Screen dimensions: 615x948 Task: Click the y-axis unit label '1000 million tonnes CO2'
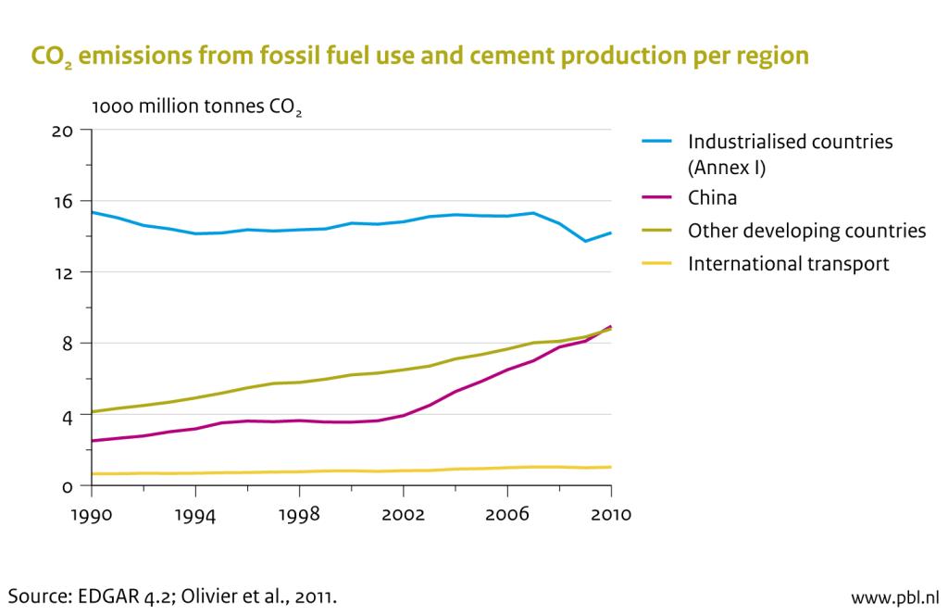[197, 107]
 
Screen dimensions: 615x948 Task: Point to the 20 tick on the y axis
[62, 130]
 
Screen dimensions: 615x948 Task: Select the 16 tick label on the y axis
[63, 201]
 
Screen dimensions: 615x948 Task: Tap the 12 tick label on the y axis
[63, 272]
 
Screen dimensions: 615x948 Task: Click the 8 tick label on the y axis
[67, 344]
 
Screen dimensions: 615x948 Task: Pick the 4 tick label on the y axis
[67, 415]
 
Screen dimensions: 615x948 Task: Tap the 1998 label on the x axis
[299, 514]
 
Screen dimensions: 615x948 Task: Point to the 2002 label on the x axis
[403, 514]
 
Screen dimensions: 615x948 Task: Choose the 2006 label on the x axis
[506, 514]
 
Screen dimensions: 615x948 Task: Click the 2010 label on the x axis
[610, 514]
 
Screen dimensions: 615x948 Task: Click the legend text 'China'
[712, 198]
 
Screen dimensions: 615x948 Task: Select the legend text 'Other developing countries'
[806, 232]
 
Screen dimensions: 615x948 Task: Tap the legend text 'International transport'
[788, 264]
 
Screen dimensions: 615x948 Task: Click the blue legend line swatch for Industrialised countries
[657, 143]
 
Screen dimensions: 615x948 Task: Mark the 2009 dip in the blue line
[585, 241]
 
